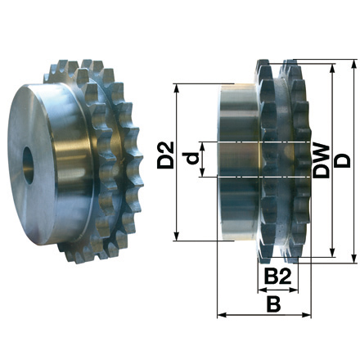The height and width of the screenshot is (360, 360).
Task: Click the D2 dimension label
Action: [x=165, y=155]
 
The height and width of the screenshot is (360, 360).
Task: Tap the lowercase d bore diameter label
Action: [x=190, y=159]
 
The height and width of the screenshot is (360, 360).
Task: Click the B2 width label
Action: [x=278, y=279]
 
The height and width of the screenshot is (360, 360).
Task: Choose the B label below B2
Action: [x=274, y=304]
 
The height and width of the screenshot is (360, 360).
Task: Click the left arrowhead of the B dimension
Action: [x=219, y=314]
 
